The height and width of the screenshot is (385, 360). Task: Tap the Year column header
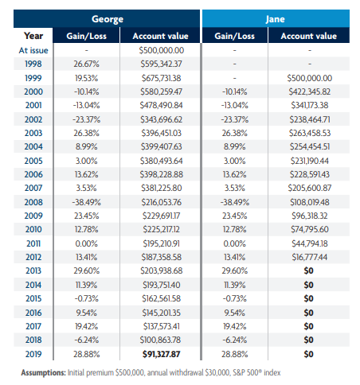click(33, 35)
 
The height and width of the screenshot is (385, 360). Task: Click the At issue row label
click(33, 49)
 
